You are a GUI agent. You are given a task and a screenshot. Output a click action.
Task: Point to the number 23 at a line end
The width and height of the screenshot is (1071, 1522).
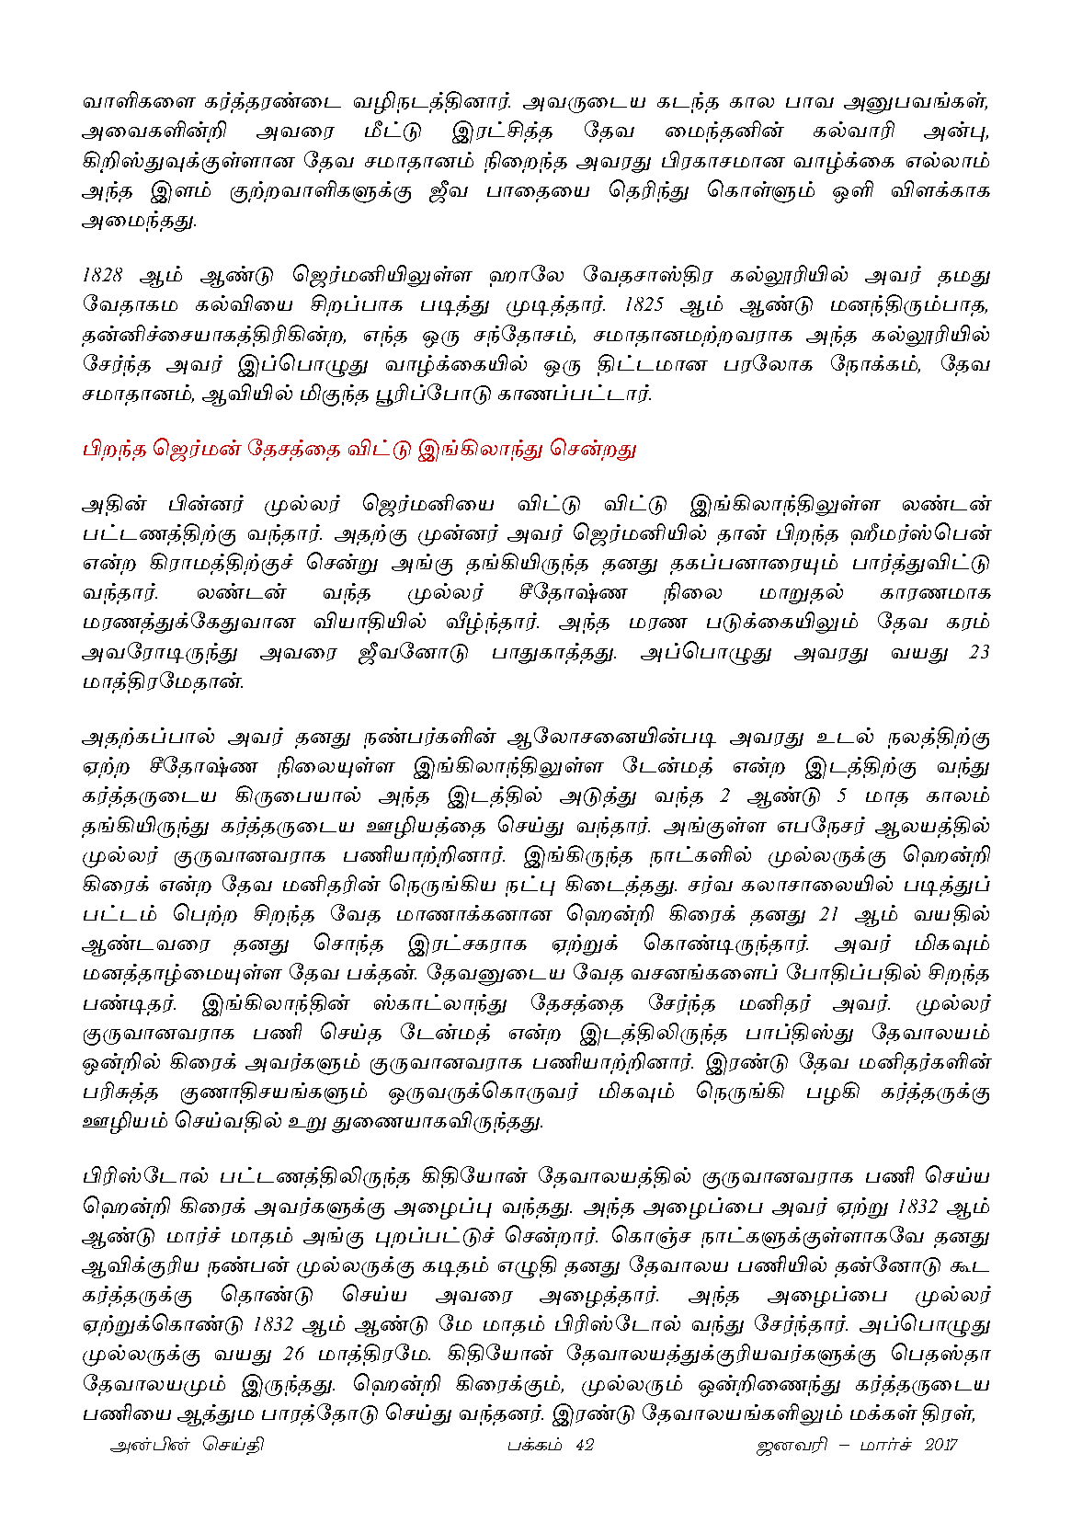(979, 652)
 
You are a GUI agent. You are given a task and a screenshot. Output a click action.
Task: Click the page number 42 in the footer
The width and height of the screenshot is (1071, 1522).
(584, 1445)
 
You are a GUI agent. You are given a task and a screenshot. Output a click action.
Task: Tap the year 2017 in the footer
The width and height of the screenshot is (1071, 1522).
(940, 1445)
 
